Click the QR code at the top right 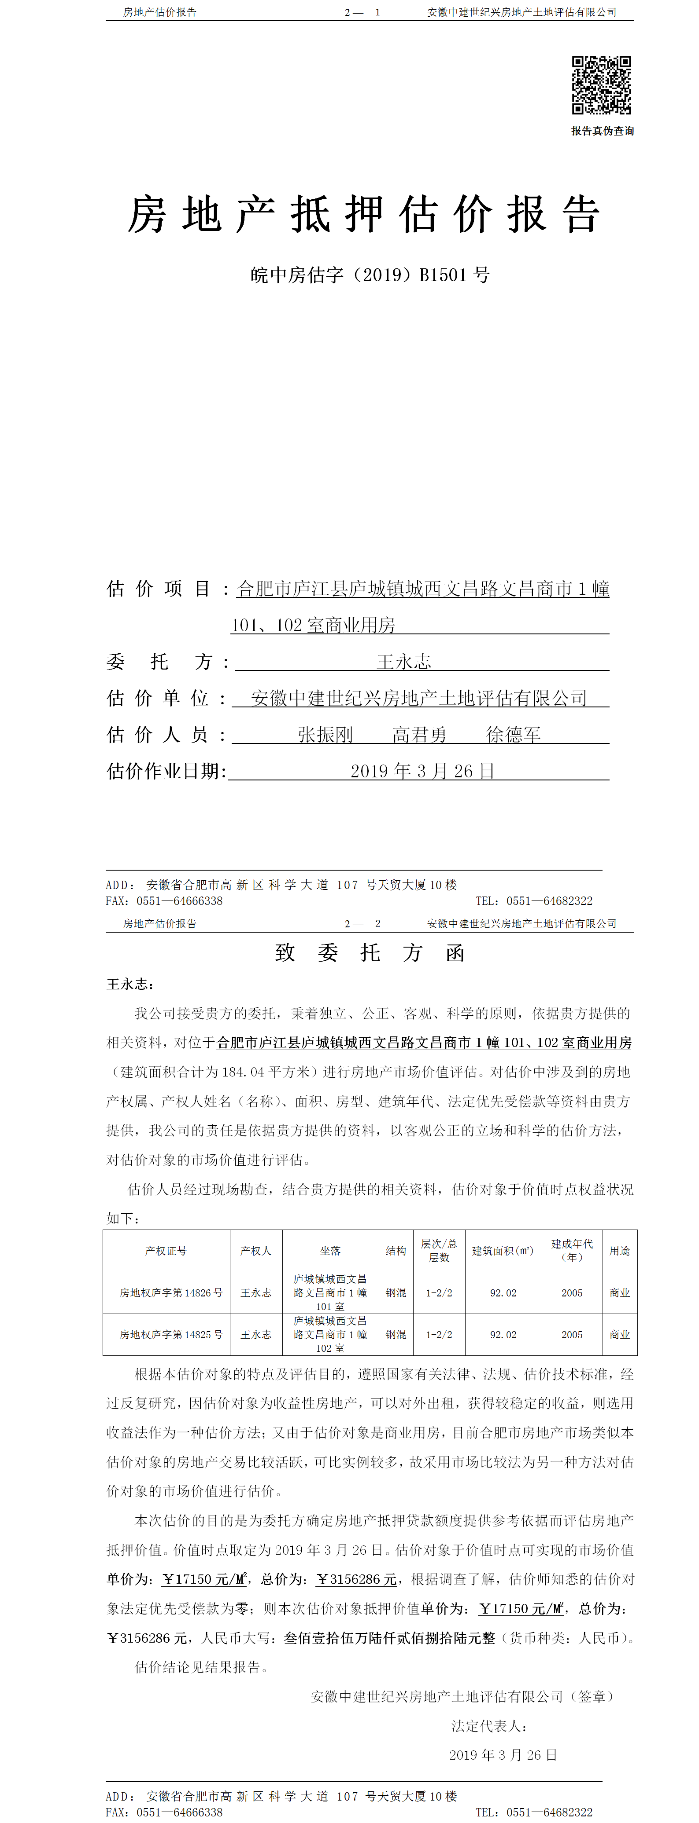click(x=601, y=85)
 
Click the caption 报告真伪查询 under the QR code click(x=603, y=131)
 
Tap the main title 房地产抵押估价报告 click(x=364, y=214)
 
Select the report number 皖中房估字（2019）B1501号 click(x=370, y=275)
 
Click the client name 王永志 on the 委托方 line click(x=404, y=662)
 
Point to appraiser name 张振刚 click(x=325, y=735)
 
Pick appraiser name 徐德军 click(x=514, y=735)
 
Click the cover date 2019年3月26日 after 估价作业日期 click(x=422, y=771)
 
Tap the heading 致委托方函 click(x=370, y=952)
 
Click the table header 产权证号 click(x=166, y=1251)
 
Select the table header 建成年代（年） click(x=572, y=1251)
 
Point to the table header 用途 click(x=620, y=1251)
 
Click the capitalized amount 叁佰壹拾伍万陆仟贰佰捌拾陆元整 click(x=389, y=1638)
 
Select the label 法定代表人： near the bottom click(x=488, y=1726)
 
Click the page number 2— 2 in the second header click(x=362, y=923)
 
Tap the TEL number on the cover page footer click(x=534, y=901)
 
